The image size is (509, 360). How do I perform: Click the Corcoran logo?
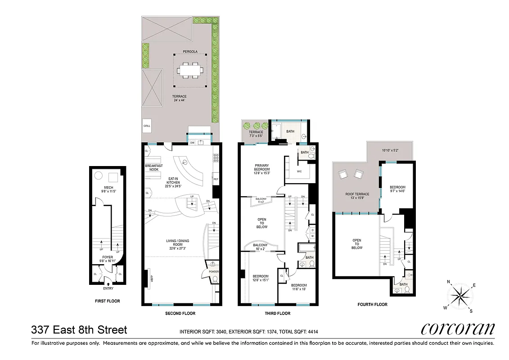coord(457,329)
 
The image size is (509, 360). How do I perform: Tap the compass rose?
coord(459,296)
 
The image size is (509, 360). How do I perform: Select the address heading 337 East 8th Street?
coord(79,330)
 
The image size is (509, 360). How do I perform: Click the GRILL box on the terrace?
coord(147,126)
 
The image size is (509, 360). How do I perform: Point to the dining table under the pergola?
coord(190,70)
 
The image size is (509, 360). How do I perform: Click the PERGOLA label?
coord(190,52)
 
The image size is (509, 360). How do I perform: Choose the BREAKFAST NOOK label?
coord(153,168)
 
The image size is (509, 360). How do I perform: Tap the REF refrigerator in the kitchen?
coord(216,179)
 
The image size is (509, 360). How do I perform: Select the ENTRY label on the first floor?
coord(108,288)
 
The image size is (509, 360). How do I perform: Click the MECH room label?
coord(108,188)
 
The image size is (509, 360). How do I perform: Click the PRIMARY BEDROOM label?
coord(261,168)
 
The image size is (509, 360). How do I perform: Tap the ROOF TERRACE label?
coord(357,194)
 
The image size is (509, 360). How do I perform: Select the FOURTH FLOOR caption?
coord(372,305)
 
